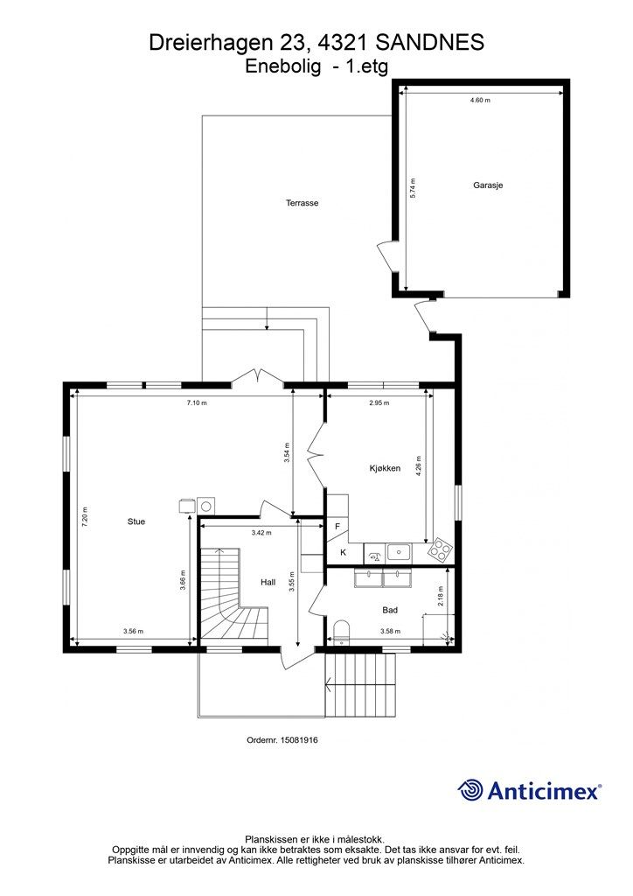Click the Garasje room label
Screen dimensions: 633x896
pos(488,185)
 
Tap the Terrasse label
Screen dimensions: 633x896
pos(302,203)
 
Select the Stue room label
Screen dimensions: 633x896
pos(136,521)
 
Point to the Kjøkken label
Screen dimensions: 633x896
pos(385,468)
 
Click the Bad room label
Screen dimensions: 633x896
pos(390,610)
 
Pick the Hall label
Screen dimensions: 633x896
pos(268,582)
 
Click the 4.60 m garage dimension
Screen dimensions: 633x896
pos(480,100)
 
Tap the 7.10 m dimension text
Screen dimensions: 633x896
pos(197,402)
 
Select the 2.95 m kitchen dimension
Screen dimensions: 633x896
pos(379,402)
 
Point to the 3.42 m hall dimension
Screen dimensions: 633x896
pos(261,533)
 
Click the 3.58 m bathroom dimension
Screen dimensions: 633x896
pos(391,632)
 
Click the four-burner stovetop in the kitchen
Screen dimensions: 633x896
pos(441,549)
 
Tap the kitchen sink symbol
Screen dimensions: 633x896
pos(399,552)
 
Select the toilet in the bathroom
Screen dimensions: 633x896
pos(341,632)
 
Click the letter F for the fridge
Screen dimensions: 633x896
pos(337,526)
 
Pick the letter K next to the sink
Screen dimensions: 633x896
pos(343,553)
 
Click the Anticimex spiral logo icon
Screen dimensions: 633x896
pos(470,790)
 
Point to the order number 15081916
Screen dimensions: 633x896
pos(298,740)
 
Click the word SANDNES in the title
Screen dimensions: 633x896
pos(430,43)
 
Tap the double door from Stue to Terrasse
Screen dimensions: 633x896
pos(258,376)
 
